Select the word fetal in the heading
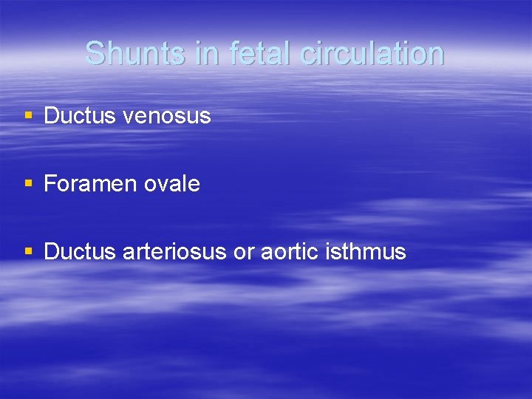(x=255, y=54)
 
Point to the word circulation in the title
(x=367, y=54)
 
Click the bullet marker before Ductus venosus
(x=28, y=115)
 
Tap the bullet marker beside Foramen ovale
(x=28, y=183)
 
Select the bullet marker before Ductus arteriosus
(x=28, y=251)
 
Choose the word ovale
(x=171, y=184)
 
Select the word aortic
(x=289, y=252)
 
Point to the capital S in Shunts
(x=95, y=54)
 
